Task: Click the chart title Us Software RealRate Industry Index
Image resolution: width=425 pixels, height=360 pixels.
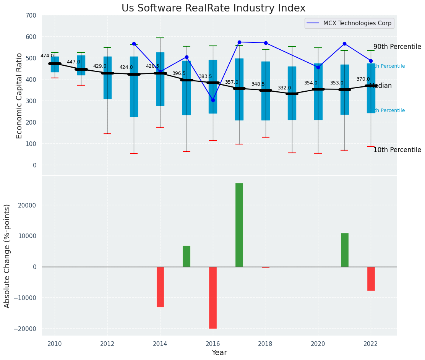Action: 213,8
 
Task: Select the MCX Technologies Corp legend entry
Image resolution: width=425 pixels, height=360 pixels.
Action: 357,23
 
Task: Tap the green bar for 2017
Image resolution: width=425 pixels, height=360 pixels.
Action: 239,225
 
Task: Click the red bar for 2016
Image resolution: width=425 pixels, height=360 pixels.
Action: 213,297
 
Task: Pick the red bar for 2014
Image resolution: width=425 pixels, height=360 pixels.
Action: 160,287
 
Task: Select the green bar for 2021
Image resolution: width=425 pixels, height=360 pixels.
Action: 344,250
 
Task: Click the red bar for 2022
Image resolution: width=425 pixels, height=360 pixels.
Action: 371,279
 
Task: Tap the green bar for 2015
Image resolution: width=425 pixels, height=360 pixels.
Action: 187,256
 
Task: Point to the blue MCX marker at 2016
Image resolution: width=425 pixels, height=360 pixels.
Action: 213,100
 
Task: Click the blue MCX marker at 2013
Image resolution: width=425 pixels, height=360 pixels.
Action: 134,44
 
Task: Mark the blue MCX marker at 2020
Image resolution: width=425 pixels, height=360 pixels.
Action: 318,67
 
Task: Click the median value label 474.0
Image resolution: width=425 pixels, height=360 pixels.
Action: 47,56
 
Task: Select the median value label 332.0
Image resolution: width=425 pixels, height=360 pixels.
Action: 284,88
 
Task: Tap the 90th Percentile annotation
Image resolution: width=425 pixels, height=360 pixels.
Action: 397,47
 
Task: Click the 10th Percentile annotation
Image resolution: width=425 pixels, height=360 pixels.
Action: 397,150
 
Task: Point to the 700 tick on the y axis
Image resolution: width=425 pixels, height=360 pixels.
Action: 31,15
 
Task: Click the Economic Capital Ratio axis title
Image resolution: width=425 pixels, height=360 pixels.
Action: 19,95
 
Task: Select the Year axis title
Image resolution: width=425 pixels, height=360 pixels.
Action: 219,353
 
